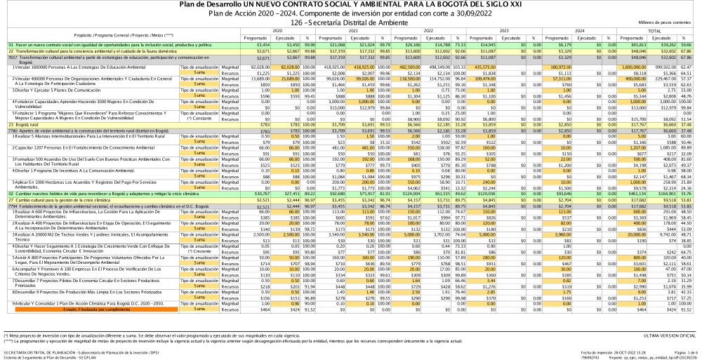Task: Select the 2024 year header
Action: (579, 31)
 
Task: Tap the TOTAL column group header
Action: (654, 31)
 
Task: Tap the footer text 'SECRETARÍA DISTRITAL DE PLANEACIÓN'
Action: (42, 351)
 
